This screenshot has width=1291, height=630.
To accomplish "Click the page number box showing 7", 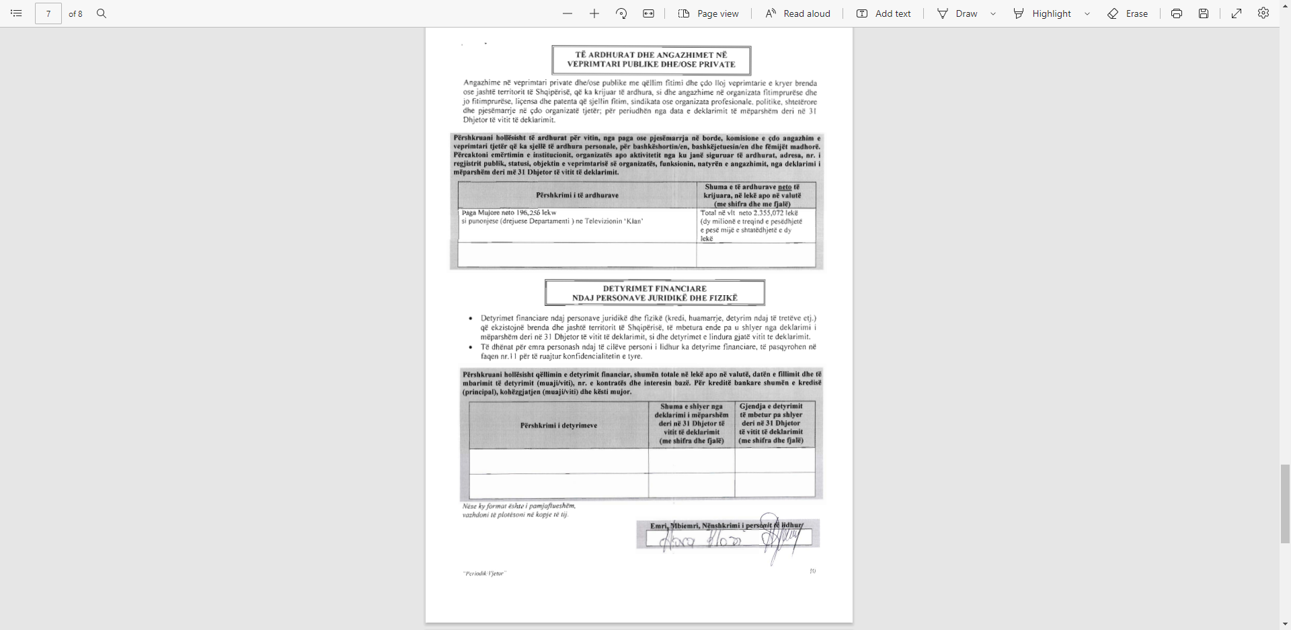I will coord(48,13).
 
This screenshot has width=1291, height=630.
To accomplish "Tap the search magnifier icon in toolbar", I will coord(102,13).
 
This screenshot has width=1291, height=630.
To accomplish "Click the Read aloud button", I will coord(798,13).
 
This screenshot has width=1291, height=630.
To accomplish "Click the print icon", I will coord(1177,13).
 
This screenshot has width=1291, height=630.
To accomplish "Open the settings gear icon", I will coord(1263,13).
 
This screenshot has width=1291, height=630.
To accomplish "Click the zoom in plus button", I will coord(594,13).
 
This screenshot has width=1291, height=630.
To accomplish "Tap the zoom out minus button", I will coord(568,13).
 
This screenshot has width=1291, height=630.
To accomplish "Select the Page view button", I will coord(709,13).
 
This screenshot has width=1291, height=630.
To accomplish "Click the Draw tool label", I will coord(966,13).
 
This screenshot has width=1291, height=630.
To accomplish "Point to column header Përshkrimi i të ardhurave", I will coord(577,195).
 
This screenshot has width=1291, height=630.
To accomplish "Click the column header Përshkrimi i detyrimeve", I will coord(558,426).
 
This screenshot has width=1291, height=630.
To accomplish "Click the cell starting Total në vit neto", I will coord(752,225).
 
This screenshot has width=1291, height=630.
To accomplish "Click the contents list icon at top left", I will coord(17,13).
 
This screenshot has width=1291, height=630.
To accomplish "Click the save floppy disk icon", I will coord(1204,13).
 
